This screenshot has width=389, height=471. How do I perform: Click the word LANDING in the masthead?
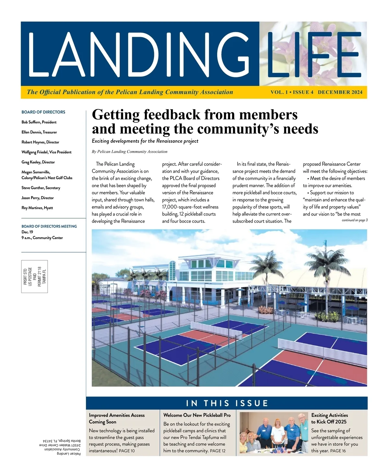click(x=139, y=54)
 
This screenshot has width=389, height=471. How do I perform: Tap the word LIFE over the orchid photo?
click(x=313, y=54)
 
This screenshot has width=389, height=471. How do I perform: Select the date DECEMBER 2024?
click(x=340, y=92)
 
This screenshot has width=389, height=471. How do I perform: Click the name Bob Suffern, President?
click(x=39, y=122)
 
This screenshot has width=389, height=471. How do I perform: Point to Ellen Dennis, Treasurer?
click(x=39, y=132)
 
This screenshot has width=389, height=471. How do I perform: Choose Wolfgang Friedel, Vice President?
click(x=46, y=152)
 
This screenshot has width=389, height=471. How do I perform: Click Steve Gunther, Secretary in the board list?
click(x=41, y=188)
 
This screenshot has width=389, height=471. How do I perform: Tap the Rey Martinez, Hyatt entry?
click(x=37, y=208)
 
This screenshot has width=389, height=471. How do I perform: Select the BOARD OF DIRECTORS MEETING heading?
click(x=49, y=226)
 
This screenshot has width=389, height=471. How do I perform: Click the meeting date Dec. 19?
click(x=27, y=232)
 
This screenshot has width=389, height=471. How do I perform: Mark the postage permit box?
click(x=34, y=277)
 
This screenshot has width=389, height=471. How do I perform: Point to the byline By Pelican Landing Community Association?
click(x=130, y=152)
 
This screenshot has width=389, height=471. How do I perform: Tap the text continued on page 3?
click(x=355, y=220)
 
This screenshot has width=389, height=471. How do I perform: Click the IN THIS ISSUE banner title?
click(x=227, y=403)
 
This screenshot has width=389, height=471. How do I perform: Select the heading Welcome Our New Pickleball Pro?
click(x=197, y=415)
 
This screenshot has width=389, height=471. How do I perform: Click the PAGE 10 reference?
click(x=127, y=451)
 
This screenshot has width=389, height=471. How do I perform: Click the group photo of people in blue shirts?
click(x=274, y=433)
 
